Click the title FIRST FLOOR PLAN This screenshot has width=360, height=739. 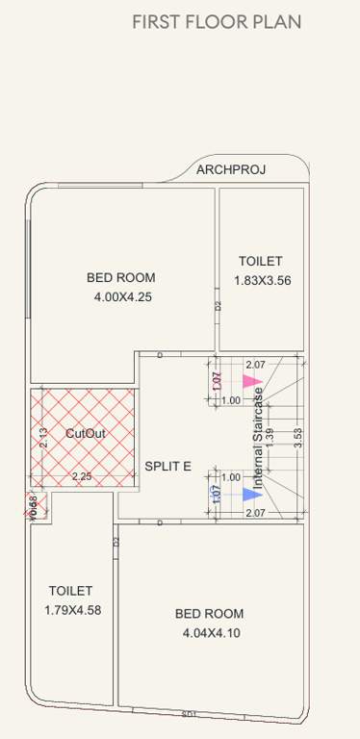(217, 22)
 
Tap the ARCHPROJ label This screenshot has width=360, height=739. (231, 170)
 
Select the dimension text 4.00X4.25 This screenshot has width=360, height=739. (122, 297)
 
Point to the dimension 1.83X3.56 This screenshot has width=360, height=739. (262, 281)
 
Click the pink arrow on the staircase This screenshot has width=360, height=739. (251, 381)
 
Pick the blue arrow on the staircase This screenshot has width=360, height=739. (251, 495)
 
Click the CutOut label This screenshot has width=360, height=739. (85, 434)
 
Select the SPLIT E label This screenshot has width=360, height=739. (167, 467)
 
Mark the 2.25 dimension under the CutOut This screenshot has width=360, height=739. (82, 476)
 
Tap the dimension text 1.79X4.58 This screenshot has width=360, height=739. (72, 610)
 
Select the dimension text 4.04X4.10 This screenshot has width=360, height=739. (209, 633)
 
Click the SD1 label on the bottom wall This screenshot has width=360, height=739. (189, 714)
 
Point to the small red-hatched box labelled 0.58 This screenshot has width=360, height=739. (35, 504)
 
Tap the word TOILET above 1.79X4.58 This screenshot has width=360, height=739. (71, 591)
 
